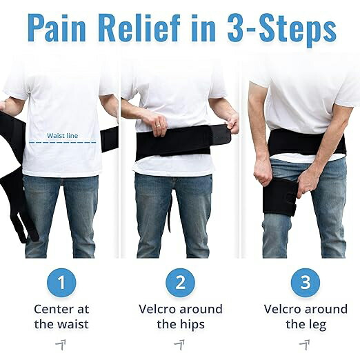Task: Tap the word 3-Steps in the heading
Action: pos(282,30)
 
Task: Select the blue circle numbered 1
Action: pos(61,283)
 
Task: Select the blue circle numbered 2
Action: pos(180,283)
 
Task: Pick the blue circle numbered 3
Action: pos(306,283)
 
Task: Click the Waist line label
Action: pos(62,136)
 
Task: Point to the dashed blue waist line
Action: pos(62,142)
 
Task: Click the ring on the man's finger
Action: pos(159,126)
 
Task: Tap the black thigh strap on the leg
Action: pos(280,198)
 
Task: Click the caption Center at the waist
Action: pos(61,317)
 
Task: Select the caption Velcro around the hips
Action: pos(181,317)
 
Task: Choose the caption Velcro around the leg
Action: pos(306,317)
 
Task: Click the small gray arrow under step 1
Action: pos(61,345)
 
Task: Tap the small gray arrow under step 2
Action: pos(179,345)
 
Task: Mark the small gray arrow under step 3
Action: pos(304,345)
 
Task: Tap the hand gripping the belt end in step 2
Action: pos(232,124)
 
